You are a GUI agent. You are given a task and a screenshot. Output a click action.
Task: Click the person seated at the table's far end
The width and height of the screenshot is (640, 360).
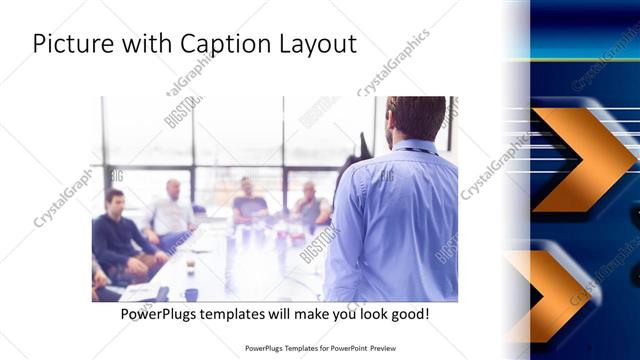pyautogui.click(x=248, y=200)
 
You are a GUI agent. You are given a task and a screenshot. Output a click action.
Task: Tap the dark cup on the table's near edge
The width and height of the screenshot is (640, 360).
pyautogui.click(x=191, y=294)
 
